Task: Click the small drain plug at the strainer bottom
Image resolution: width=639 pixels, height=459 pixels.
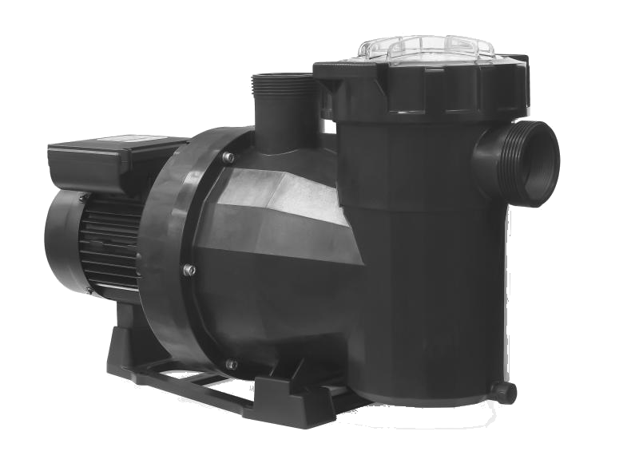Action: [x=502, y=391]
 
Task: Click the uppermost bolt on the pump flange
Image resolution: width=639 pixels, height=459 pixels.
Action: [x=229, y=158]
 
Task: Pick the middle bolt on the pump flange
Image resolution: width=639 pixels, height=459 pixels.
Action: [x=189, y=270]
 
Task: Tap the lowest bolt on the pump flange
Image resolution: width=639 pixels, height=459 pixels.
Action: [x=232, y=364]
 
